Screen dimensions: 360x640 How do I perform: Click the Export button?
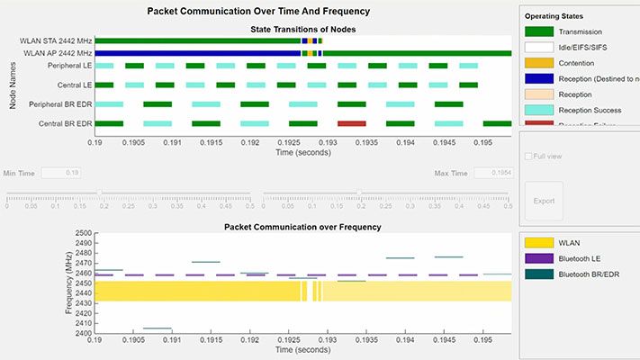(544, 201)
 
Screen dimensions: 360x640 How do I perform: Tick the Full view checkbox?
(527, 156)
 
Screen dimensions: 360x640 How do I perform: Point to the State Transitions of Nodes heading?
(302, 30)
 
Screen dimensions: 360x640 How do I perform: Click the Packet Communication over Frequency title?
(302, 227)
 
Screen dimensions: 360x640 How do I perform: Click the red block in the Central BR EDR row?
(351, 123)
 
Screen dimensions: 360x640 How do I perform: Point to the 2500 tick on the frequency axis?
(84, 233)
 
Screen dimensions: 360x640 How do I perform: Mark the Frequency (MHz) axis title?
(69, 283)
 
